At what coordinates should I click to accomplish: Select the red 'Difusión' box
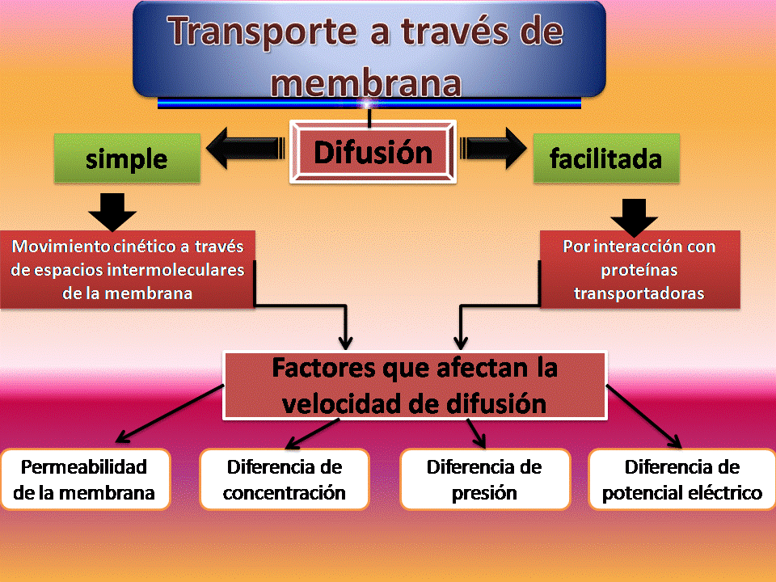pos(373,152)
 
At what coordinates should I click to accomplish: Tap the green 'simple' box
pos(126,158)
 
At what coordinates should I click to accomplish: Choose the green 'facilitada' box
pos(605,158)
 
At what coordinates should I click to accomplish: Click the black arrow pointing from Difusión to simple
pos(246,151)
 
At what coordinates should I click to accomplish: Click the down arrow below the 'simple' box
pos(112,211)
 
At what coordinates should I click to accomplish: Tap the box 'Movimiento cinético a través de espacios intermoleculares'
pos(128,269)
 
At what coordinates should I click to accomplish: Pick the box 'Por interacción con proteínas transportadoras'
pos(639,270)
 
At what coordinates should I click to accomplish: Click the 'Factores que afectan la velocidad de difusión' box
pos(415,386)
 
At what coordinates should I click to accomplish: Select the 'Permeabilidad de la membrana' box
pos(85,479)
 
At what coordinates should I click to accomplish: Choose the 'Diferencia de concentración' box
pos(284,479)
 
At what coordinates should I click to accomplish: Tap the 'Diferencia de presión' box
pos(484,479)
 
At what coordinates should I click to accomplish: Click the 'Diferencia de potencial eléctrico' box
pos(681,479)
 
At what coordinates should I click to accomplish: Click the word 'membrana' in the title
pos(368,83)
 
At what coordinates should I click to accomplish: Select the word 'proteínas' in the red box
pos(639,270)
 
